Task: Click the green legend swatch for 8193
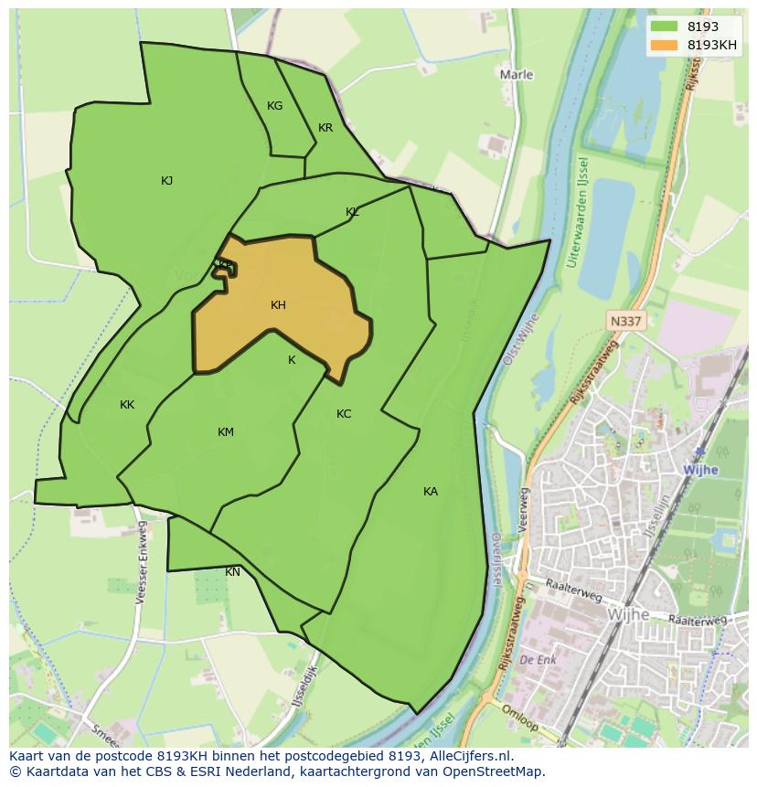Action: (664, 27)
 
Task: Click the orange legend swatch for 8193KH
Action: (664, 45)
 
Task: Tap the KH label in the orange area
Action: (278, 305)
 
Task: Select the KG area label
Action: (274, 106)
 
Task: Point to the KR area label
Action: (325, 128)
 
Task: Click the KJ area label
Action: (166, 181)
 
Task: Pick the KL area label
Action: (352, 212)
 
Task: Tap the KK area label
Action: (127, 405)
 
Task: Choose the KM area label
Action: (226, 432)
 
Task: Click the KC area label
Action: (344, 414)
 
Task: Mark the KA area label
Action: (431, 492)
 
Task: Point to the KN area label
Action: (233, 572)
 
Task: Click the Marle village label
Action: (517, 75)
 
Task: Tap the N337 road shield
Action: (625, 321)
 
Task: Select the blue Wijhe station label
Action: (700, 470)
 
